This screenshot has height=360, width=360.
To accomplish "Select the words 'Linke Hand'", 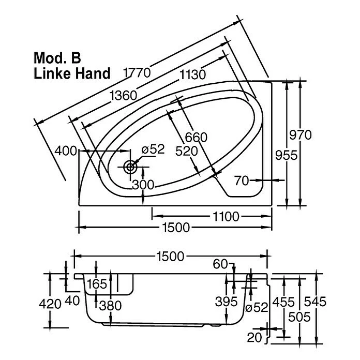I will click(x=72, y=73).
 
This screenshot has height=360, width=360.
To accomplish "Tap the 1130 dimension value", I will click(x=192, y=74).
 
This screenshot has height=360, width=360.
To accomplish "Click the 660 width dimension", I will click(x=197, y=138).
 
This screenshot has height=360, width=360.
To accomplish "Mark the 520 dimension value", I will click(x=186, y=151).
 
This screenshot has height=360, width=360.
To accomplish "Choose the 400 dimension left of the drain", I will click(x=67, y=151).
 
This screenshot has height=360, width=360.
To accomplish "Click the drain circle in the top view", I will click(x=130, y=167).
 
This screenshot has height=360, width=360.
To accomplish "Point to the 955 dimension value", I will click(x=285, y=154).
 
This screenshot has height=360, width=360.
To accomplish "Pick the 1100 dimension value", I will click(x=225, y=216).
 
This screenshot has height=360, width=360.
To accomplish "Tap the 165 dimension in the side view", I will click(x=97, y=283).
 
